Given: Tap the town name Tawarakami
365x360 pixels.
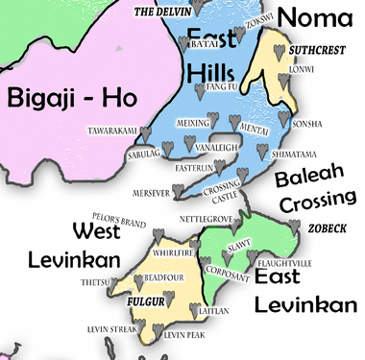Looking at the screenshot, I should (x=116, y=131).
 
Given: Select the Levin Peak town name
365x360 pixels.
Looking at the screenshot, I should (x=184, y=335).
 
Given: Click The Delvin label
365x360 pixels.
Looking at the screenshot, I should (x=156, y=12).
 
